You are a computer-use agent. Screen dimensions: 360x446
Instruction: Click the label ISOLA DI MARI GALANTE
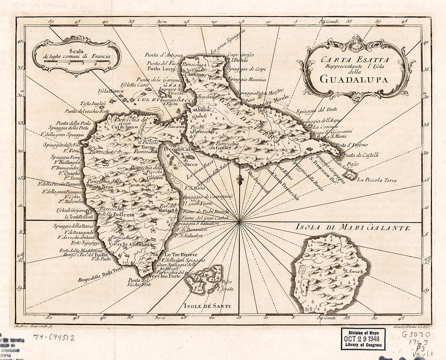(353, 228)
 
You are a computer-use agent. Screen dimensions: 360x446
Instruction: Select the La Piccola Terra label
(377, 180)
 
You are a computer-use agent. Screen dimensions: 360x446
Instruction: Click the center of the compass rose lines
(240, 221)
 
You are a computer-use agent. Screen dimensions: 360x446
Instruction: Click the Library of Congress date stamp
(363, 339)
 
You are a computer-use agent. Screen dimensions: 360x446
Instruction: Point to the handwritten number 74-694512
(54, 336)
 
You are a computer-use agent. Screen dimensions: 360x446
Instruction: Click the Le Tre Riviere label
(180, 254)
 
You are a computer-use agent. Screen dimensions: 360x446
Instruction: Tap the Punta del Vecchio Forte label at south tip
(139, 283)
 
